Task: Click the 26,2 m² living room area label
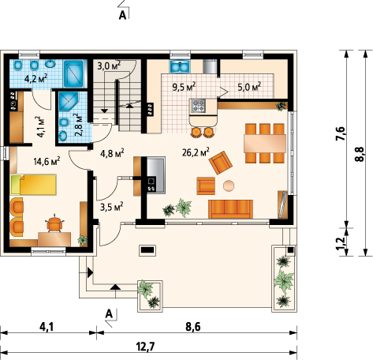click(x=196, y=152)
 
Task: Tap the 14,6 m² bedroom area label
click(x=47, y=161)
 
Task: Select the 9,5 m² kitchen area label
click(x=184, y=87)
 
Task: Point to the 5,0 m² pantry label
click(x=249, y=86)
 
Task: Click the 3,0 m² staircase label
click(x=109, y=66)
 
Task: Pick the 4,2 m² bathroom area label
click(x=35, y=78)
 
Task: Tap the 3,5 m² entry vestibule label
click(x=112, y=207)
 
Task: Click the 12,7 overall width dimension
click(x=145, y=347)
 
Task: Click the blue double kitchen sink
click(x=180, y=66)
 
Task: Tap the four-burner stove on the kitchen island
click(x=199, y=106)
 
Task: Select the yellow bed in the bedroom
click(x=33, y=185)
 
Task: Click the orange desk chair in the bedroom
click(x=54, y=223)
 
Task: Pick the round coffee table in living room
click(x=229, y=186)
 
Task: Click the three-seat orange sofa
click(x=230, y=209)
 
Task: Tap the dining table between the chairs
click(x=265, y=144)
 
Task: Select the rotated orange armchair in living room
click(x=221, y=163)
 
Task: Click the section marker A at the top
click(x=122, y=15)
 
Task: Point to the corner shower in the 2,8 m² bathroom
click(x=69, y=101)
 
